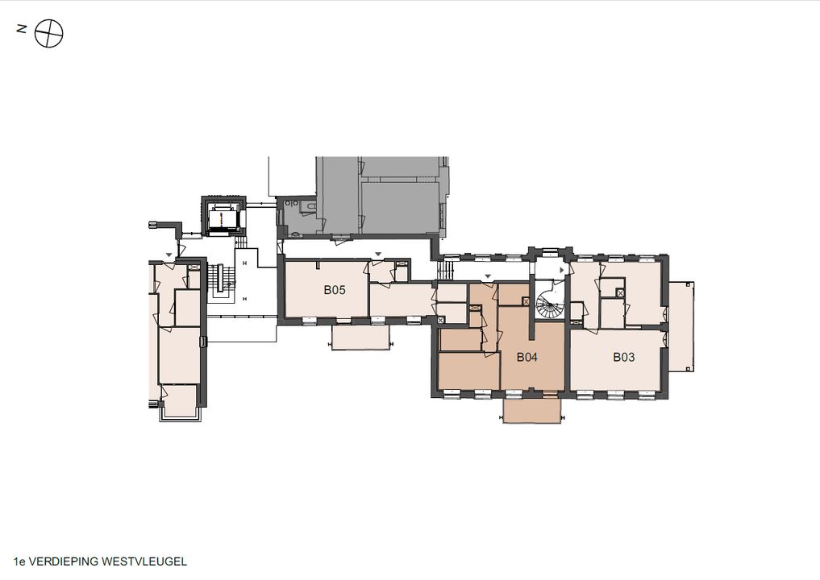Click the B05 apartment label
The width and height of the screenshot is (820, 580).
335,290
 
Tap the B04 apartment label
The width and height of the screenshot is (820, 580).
527,357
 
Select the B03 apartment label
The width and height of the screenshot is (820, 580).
624,357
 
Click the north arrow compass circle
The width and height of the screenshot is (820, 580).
48,34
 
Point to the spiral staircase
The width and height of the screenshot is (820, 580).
550,301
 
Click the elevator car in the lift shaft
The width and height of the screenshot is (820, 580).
225,217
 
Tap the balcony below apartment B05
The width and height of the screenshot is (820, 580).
361,338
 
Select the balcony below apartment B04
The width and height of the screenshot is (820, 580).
532,411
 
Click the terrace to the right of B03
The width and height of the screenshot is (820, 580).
681,326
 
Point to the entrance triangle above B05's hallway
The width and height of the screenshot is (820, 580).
378,255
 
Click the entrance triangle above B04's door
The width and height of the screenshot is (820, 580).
488,275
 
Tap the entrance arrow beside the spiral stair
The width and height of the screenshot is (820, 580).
563,270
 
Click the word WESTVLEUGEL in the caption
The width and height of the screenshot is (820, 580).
144,561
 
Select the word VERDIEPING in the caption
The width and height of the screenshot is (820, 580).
63,561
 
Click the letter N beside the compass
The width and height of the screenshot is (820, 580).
22,29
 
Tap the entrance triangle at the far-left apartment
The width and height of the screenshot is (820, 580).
169,255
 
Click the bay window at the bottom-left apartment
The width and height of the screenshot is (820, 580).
181,412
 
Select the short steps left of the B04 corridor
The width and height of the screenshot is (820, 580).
444,271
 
